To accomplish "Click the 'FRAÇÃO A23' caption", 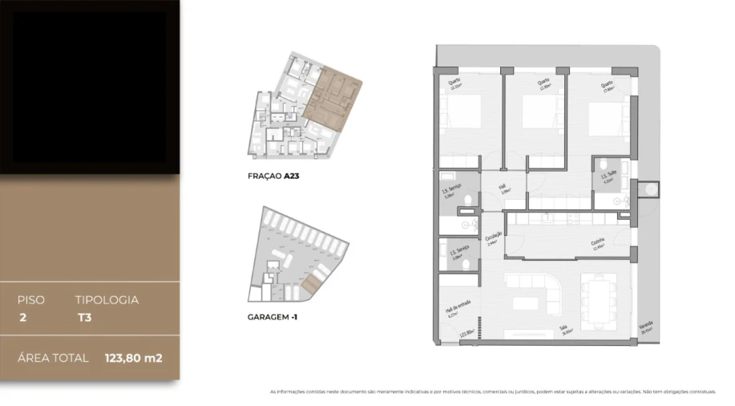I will coord(274,174).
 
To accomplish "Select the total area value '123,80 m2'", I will coord(133,358).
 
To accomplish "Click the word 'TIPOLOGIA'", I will coord(107,300).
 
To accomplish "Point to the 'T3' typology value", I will coord(82,317).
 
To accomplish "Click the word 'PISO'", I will coord(31,300).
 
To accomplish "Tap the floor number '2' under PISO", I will coord(22,317).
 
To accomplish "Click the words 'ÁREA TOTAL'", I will coord(53,358).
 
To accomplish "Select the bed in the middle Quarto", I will coord(539,113).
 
